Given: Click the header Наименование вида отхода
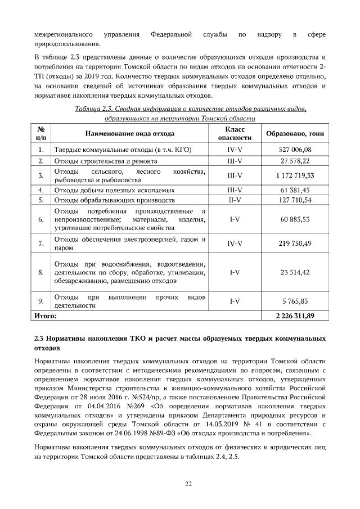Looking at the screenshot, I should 130,134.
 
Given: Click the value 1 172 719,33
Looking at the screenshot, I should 295,175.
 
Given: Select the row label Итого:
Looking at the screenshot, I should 46,316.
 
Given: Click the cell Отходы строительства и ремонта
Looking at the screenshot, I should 101,161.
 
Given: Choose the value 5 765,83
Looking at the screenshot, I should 295,301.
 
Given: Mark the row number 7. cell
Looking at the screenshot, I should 41,244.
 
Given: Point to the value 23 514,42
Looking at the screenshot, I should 295,272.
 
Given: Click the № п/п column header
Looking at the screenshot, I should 41,134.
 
